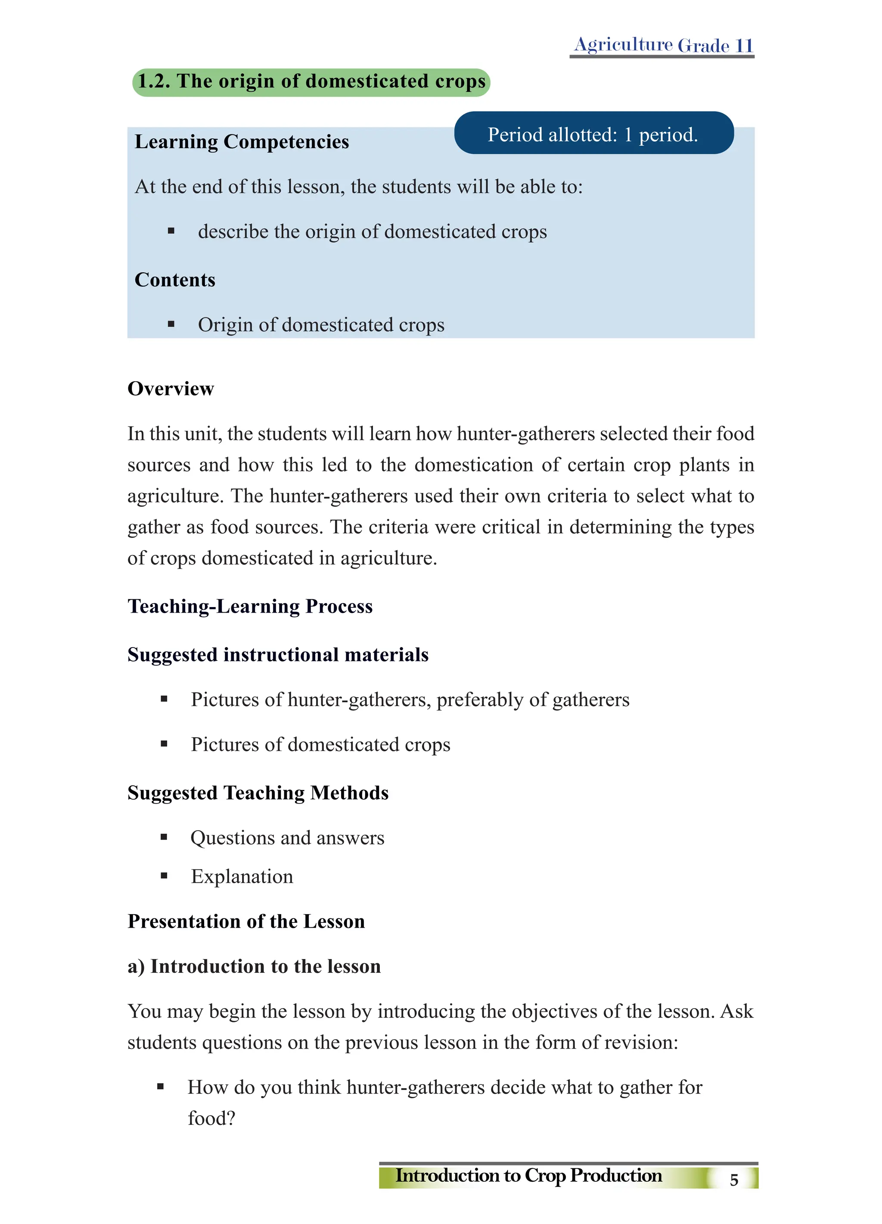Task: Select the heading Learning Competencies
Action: coord(242,142)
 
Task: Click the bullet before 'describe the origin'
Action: coord(171,231)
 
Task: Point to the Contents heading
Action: coord(175,280)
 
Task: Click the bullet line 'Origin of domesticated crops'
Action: coord(321,325)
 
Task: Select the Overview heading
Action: coord(171,389)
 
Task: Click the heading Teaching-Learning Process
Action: coord(250,606)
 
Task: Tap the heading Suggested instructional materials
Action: coord(278,654)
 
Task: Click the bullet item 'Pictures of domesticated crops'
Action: coord(320,745)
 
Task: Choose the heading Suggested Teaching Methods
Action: coord(258,793)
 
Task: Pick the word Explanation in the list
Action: coord(242,876)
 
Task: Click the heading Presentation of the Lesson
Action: coord(246,921)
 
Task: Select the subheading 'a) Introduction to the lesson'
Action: coord(254,966)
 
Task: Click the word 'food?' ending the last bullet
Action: coord(211,1118)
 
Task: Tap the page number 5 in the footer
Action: coord(734,1180)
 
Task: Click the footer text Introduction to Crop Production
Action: coord(529,1175)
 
